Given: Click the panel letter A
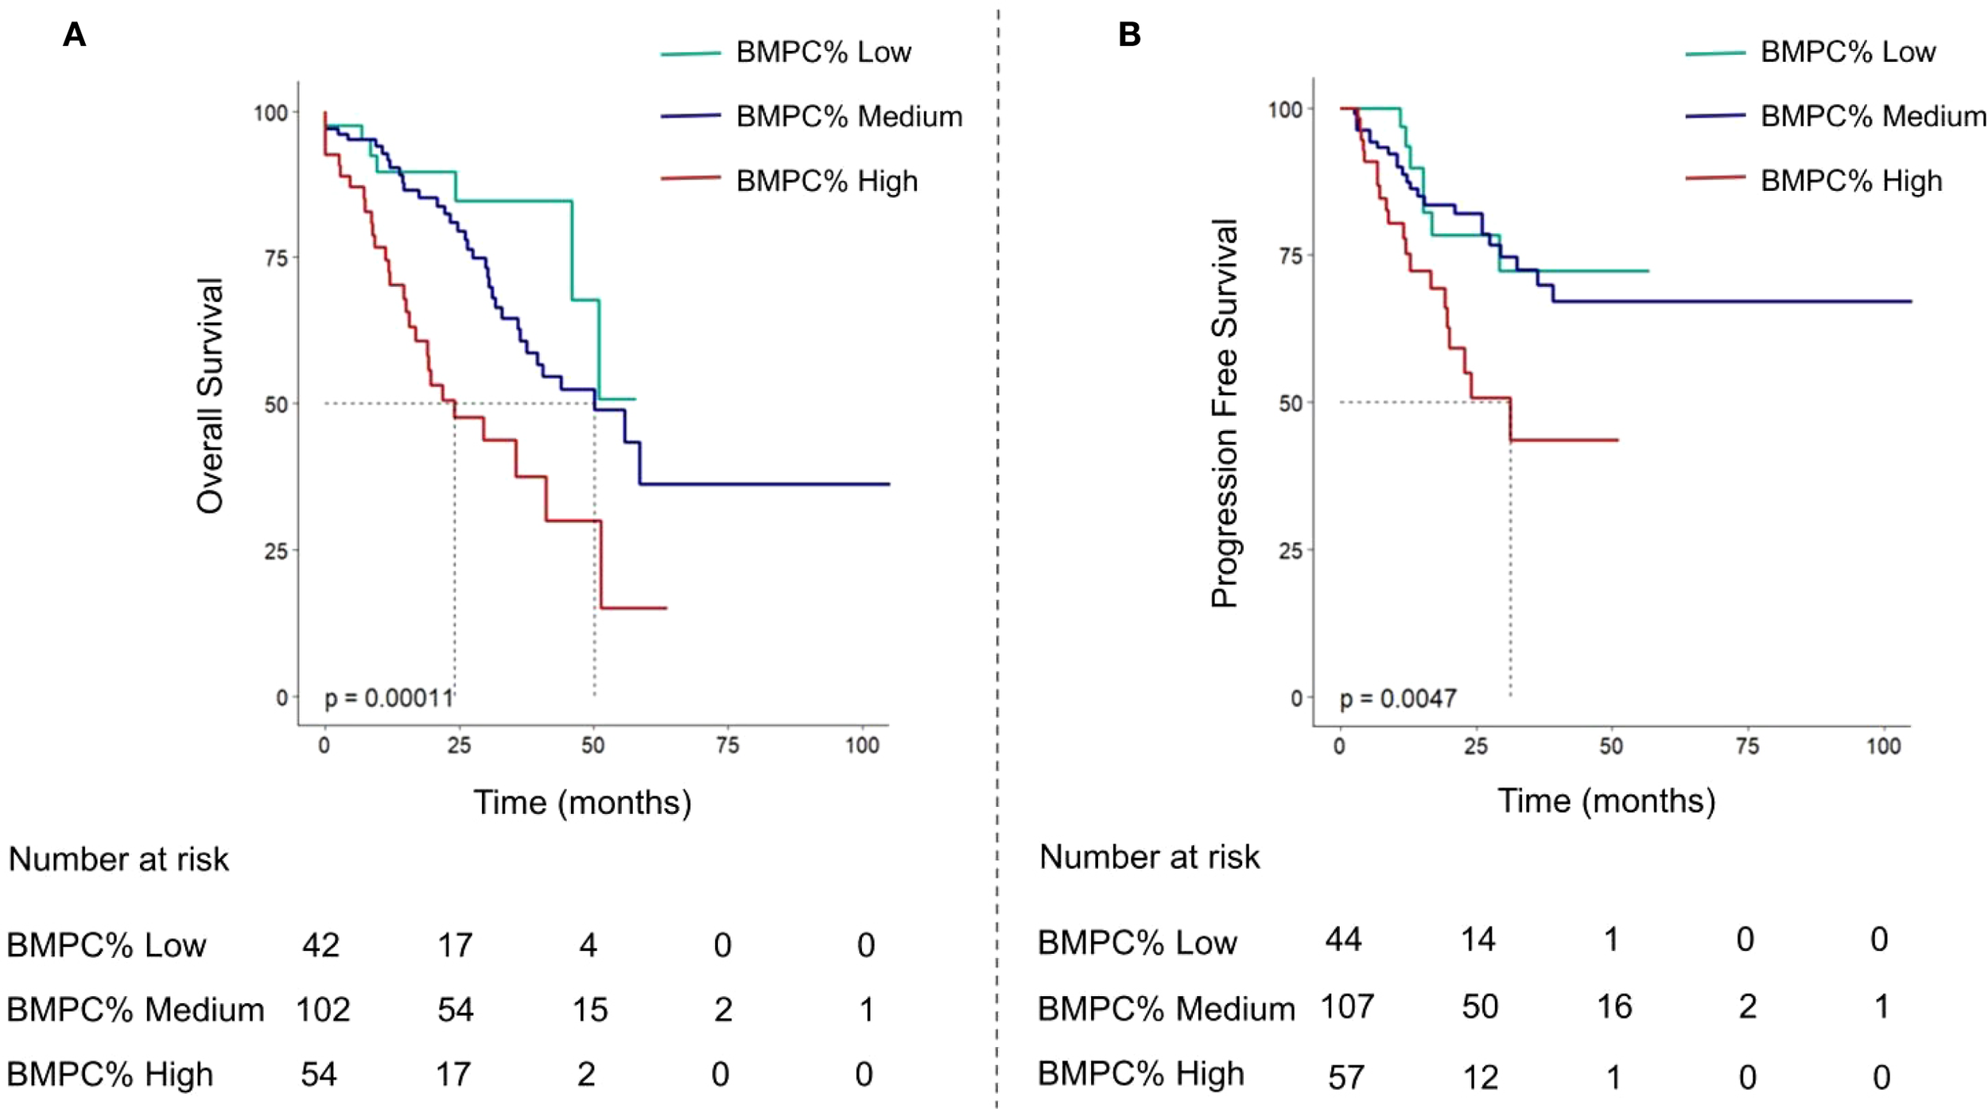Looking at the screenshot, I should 74,35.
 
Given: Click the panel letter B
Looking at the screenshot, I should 1129,35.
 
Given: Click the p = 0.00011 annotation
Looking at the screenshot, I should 388,698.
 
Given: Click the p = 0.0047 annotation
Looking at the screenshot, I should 1398,698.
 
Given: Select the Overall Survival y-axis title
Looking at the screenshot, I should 211,396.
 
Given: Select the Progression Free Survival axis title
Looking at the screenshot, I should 1225,413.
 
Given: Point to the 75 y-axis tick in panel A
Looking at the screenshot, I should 276,258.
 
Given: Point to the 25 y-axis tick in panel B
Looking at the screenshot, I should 1290,550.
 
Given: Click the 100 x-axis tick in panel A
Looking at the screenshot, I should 862,746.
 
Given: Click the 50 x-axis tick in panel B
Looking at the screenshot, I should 1611,746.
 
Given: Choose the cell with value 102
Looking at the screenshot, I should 323,1010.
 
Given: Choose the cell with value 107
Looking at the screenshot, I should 1347,1006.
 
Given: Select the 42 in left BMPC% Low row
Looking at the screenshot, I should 320,944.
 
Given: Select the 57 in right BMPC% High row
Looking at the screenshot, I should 1345,1077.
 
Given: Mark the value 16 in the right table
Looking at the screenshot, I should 1614,1006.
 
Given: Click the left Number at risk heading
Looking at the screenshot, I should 118,859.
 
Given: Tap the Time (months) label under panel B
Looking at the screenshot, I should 1606,801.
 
